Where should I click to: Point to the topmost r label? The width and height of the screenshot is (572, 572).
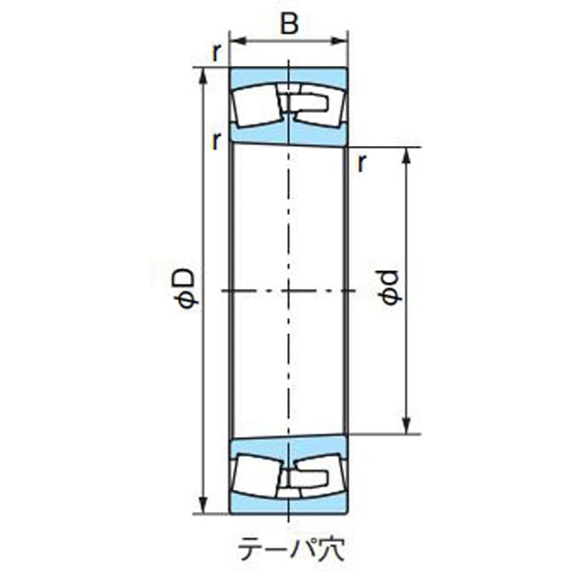(215, 51)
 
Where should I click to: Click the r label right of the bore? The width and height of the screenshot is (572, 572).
(363, 164)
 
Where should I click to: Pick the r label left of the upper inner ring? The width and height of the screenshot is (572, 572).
(215, 141)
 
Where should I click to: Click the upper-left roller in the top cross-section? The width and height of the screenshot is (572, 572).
(257, 102)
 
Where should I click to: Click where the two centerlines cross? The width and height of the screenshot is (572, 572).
(288, 291)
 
